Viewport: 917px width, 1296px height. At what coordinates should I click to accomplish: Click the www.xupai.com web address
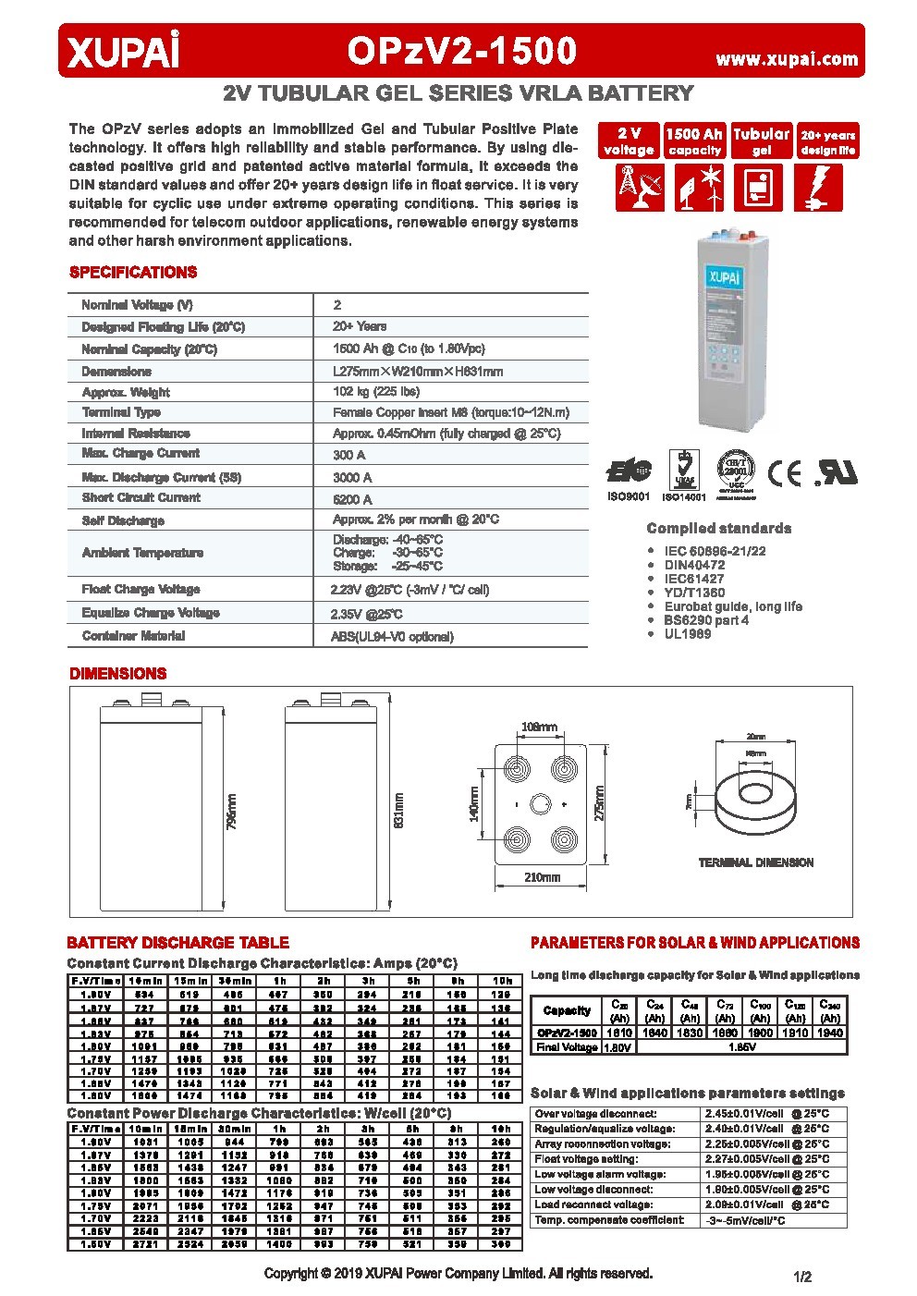(787, 59)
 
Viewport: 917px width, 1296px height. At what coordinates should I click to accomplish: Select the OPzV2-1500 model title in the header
(461, 52)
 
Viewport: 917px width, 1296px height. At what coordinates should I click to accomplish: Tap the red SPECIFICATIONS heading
(133, 273)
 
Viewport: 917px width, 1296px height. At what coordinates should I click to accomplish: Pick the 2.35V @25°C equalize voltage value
(367, 614)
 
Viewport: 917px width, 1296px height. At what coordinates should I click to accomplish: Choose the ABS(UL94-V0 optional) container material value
(392, 637)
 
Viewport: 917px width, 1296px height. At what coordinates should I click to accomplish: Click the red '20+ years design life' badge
(827, 141)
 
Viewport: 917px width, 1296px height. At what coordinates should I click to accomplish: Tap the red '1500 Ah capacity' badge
(694, 141)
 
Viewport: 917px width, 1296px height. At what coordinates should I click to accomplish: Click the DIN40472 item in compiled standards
(694, 565)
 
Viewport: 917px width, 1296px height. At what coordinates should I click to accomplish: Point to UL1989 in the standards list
(688, 634)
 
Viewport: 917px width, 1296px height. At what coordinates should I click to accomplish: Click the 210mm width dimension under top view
(542, 877)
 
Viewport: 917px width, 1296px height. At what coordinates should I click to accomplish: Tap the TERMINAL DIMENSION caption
(755, 862)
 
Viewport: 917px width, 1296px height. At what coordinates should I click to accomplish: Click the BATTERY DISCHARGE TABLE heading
(177, 943)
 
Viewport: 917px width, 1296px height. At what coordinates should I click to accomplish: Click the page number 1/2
(801, 1277)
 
